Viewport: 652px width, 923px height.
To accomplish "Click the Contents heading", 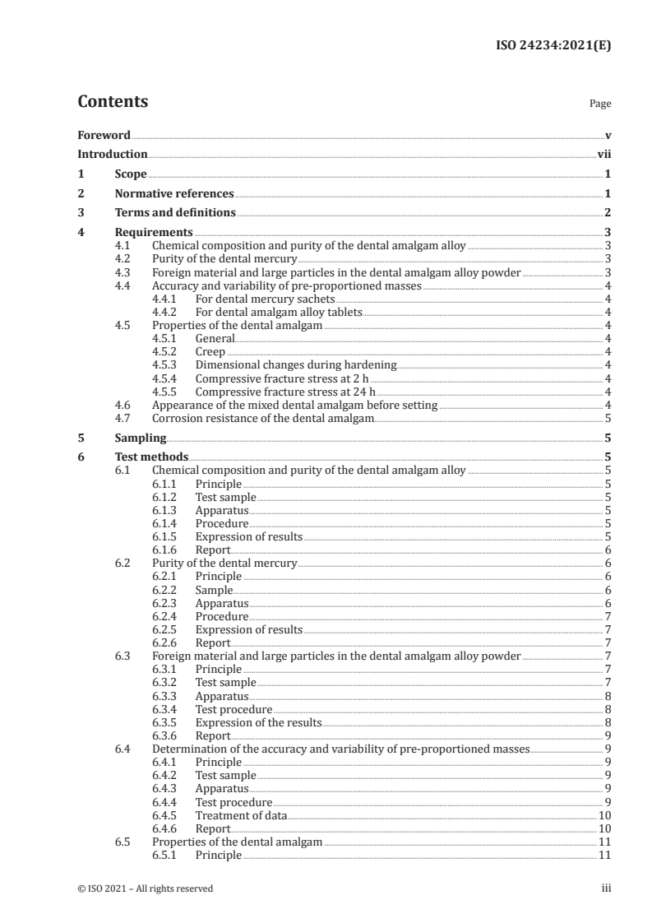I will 113,102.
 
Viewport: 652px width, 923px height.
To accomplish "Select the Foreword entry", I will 104,135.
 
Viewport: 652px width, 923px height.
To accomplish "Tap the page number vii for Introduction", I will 604,154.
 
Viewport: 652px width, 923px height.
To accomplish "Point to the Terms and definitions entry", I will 175,213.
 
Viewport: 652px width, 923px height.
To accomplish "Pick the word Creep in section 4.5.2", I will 210,351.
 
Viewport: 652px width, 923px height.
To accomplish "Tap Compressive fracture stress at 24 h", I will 285,392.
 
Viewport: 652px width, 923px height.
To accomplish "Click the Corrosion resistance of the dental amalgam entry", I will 263,418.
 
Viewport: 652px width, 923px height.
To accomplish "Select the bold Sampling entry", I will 140,438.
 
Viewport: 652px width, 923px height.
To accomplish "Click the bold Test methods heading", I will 151,457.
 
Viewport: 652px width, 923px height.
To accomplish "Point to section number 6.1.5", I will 167,536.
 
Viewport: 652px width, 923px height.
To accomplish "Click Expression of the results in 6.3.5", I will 257,722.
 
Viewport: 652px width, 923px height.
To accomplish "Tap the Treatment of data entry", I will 241,815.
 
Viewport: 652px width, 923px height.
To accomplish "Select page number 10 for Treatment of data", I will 603,815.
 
